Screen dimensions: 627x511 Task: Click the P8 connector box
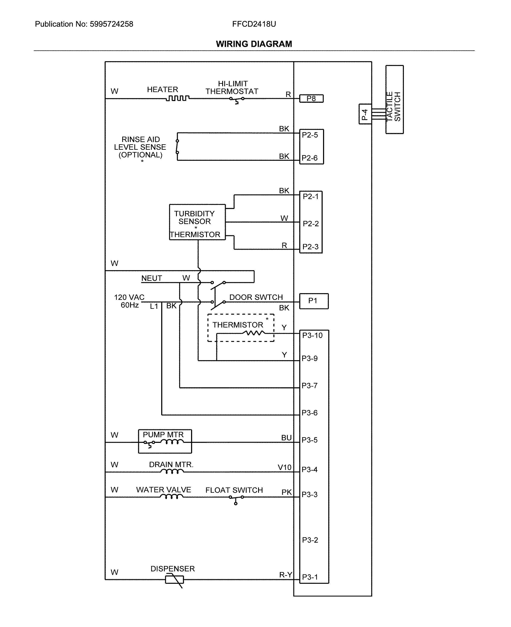tap(311, 98)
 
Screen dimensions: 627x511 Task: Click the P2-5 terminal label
tap(310, 135)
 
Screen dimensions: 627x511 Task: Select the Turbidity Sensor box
tap(197, 222)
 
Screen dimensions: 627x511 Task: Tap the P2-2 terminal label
tap(311, 224)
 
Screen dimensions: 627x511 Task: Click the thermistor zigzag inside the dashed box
tap(254, 333)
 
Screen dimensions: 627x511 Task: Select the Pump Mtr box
tap(165, 441)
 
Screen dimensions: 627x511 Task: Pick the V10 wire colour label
tap(284, 467)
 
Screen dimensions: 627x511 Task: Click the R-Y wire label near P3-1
tap(285, 575)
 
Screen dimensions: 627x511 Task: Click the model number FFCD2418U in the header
tap(254, 24)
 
